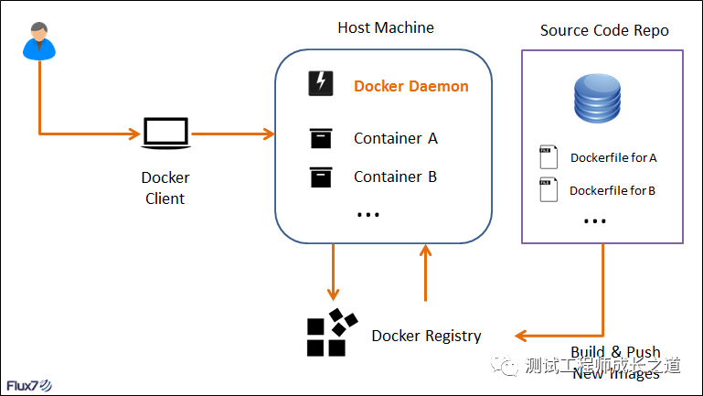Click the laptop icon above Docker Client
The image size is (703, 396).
point(165,134)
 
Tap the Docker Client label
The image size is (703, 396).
point(165,188)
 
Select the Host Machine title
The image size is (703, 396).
point(386,27)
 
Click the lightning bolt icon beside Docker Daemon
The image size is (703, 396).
point(320,85)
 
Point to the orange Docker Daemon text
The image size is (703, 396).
point(411,86)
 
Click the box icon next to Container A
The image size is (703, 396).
point(320,139)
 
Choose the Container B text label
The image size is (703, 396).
point(395,177)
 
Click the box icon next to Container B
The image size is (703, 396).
point(320,177)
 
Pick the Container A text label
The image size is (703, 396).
point(396,139)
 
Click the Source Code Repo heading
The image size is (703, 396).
point(604,30)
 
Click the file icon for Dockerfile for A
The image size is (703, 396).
point(548,157)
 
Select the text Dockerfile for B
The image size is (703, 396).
point(612,191)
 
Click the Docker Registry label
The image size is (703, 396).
point(426,336)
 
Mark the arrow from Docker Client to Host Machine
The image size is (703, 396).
point(232,134)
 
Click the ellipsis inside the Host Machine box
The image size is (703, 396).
point(367,214)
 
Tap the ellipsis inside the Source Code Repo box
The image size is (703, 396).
point(595,221)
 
